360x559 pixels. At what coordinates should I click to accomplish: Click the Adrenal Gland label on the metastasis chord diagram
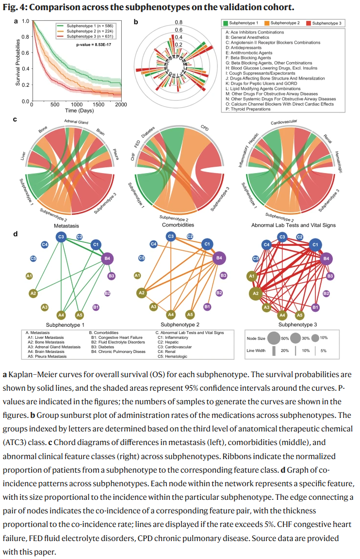pos(76,122)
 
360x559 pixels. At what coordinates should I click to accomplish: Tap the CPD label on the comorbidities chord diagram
pos(205,127)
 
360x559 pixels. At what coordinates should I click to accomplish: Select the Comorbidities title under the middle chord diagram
pos(178,225)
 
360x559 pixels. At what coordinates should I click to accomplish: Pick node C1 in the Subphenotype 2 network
pos(207,244)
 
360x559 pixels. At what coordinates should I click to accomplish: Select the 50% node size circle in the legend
pos(273,338)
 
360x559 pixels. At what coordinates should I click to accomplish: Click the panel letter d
pos(16,234)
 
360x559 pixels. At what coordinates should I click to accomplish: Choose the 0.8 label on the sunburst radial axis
pos(179,22)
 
